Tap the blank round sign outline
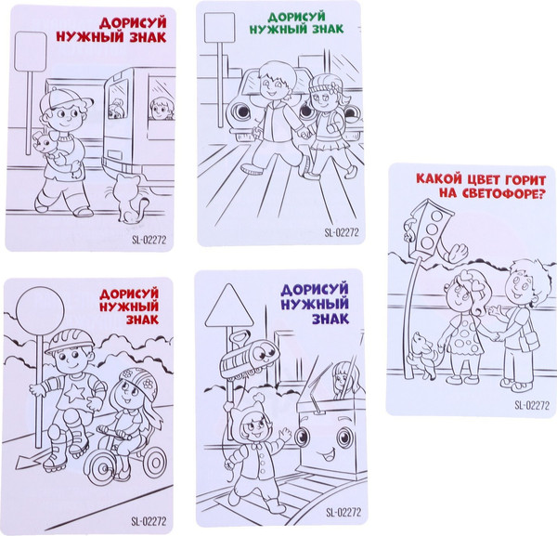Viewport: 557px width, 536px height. point(17,311)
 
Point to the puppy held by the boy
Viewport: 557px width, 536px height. point(45,145)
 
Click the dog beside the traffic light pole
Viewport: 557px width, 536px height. point(423,356)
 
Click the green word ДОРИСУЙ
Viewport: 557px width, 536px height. point(297,17)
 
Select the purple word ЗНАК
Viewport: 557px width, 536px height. point(330,319)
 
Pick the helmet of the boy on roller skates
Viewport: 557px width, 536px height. point(70,341)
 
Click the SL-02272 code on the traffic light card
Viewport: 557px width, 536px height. point(532,405)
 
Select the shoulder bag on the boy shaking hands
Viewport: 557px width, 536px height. point(529,341)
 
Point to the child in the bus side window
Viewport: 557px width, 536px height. point(162,110)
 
